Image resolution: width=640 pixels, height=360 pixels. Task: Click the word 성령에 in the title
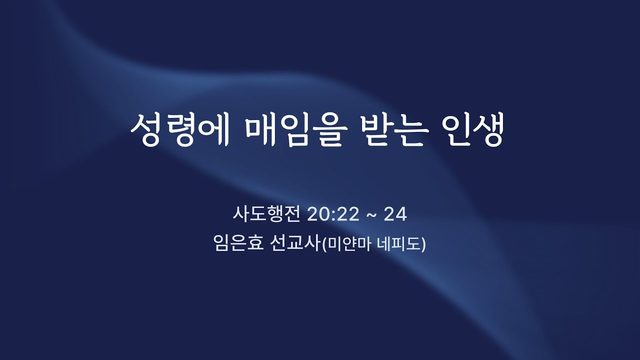click(x=180, y=130)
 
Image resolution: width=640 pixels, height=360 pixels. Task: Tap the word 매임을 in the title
click(x=296, y=130)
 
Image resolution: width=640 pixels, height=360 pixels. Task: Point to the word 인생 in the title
click(x=473, y=130)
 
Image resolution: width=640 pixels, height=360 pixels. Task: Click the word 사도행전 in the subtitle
click(x=267, y=214)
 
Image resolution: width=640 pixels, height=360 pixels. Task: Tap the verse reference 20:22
click(x=333, y=214)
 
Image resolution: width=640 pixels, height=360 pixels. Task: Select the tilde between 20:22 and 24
click(x=371, y=215)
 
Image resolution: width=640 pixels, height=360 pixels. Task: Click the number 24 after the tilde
click(x=395, y=214)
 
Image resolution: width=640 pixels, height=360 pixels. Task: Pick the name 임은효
click(x=238, y=244)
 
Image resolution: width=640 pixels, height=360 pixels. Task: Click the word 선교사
click(x=296, y=244)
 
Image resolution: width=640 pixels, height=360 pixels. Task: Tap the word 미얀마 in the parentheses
click(x=349, y=244)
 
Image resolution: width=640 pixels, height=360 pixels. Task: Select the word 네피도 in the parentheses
click(x=399, y=244)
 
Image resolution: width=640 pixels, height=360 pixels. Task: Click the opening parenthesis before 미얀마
click(x=324, y=245)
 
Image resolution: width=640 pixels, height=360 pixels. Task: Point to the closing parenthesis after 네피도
click(x=424, y=245)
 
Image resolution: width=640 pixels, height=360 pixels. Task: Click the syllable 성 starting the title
click(x=146, y=130)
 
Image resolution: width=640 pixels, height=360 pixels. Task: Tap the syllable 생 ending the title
click(x=489, y=130)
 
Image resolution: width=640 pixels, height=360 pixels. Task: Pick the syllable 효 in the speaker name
click(x=256, y=244)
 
